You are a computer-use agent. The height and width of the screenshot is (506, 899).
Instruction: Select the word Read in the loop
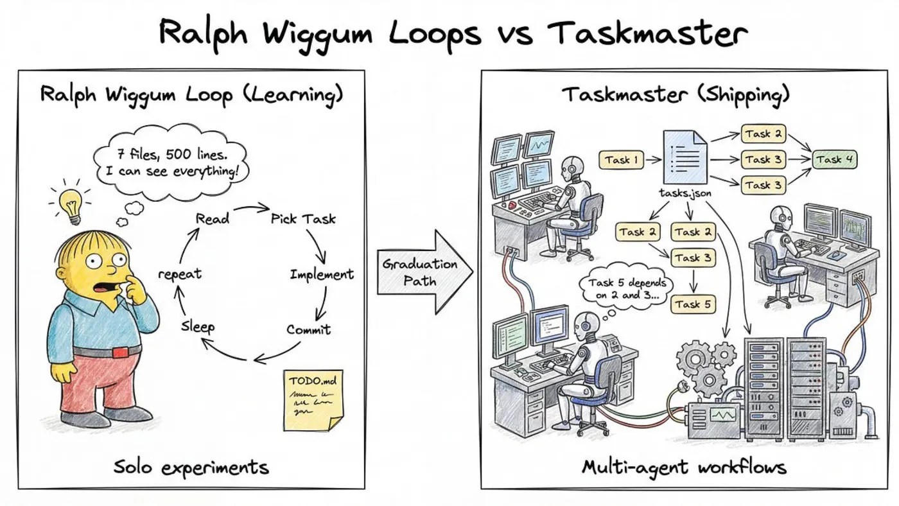coord(212,218)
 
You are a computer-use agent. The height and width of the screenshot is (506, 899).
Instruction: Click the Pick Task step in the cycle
coord(303,218)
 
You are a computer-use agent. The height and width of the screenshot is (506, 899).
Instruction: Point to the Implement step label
coord(322,274)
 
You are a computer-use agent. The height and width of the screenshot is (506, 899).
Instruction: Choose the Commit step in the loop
coord(308,329)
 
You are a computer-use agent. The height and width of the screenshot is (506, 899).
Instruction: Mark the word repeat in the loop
coord(180,274)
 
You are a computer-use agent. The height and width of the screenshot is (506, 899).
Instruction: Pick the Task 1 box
coord(622,160)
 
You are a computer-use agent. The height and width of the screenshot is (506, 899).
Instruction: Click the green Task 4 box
coord(835,159)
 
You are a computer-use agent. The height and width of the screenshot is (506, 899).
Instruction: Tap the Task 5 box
coord(692,304)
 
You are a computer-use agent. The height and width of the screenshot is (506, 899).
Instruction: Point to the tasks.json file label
coord(684,192)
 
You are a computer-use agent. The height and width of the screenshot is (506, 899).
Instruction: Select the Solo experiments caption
coord(191,467)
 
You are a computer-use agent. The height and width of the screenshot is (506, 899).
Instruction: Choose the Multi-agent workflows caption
coord(683,467)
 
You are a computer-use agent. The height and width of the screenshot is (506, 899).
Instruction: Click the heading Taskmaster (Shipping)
coord(676,94)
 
